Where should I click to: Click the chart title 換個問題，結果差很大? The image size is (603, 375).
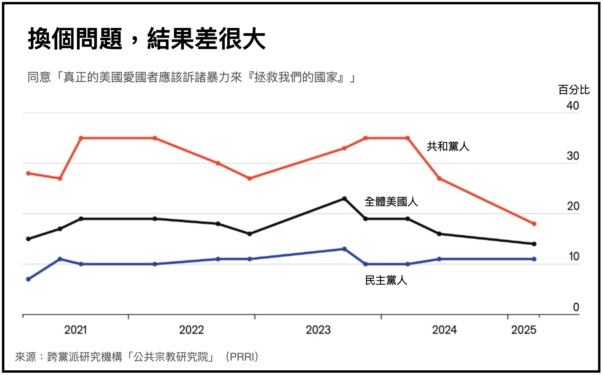(x=146, y=39)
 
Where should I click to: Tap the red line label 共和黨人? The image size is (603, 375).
(x=448, y=146)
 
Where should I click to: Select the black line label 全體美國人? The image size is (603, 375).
(x=391, y=202)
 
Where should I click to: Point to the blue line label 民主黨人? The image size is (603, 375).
(x=386, y=280)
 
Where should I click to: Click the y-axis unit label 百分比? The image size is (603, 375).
(x=573, y=90)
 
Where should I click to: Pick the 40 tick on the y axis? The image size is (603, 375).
(x=573, y=106)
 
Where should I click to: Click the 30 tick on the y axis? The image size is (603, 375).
(x=573, y=156)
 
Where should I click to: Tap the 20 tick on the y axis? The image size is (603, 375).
(x=573, y=206)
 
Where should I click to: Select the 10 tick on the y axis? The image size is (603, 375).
(x=573, y=257)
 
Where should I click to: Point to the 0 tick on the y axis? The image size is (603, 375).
(x=576, y=307)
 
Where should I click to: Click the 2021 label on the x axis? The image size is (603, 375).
(x=75, y=330)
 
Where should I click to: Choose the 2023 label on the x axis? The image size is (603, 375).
(x=318, y=330)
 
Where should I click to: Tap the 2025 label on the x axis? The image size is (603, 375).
(x=523, y=330)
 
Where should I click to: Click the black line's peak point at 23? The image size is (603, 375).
(x=344, y=199)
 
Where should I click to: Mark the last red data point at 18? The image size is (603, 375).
(x=534, y=224)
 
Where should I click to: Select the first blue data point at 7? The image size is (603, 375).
(x=28, y=279)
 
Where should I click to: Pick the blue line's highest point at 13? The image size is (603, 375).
(x=344, y=249)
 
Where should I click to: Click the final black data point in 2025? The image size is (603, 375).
(x=534, y=244)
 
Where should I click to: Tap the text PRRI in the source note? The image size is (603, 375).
(x=242, y=357)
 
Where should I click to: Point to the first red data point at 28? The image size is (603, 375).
(x=28, y=173)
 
